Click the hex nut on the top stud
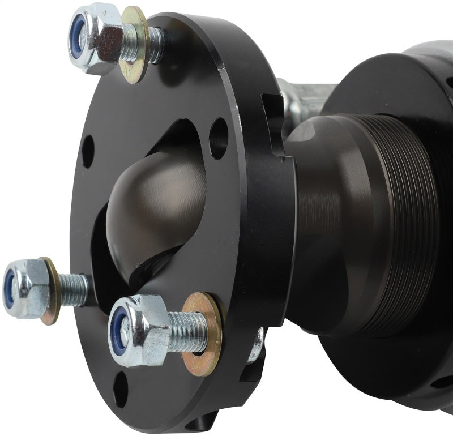(99, 39)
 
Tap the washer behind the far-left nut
(52, 290)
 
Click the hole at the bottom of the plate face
(120, 389)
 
